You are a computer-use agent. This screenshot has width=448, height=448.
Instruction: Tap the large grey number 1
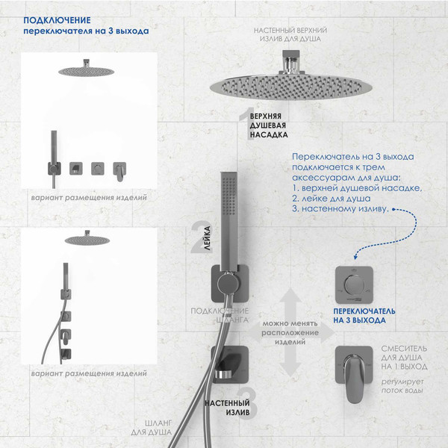click(x=243, y=122)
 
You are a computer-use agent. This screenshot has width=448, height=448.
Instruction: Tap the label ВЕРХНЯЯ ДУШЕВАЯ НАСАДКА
click(x=267, y=128)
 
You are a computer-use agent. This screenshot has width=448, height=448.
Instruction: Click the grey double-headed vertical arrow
click(x=290, y=333)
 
